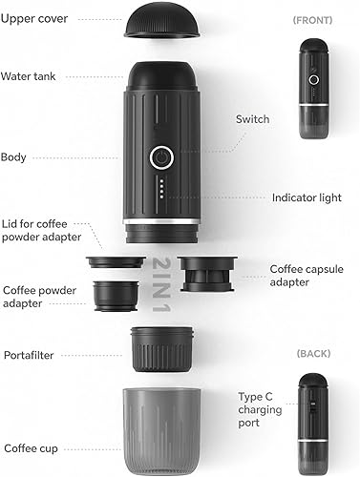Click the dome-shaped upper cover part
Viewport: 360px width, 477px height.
pos(162,20)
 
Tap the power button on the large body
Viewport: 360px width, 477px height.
pos(161,157)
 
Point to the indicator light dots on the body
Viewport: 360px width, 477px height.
pos(161,189)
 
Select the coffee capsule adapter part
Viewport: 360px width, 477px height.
pos(207,274)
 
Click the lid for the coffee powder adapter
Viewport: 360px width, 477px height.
pos(116,262)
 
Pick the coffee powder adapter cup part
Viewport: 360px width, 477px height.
pos(116,296)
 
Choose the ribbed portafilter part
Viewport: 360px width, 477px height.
pos(162,349)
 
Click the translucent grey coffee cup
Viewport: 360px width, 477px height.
pos(162,431)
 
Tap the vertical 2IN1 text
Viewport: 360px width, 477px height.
pos(162,284)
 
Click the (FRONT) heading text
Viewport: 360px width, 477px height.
pos(312,20)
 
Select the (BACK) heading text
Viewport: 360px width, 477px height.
pos(313,353)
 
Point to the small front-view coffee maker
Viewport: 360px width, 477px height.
pos(314,89)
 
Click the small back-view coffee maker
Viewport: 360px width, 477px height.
pos(312,425)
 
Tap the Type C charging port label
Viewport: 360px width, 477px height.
pos(260,409)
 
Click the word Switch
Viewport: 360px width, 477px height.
pos(252,119)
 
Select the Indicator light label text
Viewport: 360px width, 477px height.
pos(307,197)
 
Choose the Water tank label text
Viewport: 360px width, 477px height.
pos(28,76)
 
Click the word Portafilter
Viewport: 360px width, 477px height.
pos(29,355)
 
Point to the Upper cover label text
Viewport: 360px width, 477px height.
pos(34,19)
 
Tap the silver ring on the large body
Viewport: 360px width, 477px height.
pos(161,221)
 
